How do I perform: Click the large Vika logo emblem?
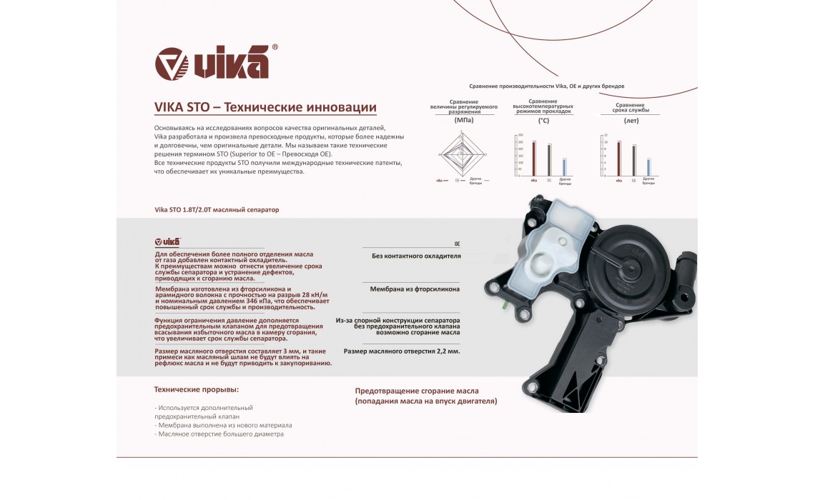[172, 63]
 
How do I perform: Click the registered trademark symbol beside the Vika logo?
[275, 47]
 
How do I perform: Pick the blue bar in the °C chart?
[565, 167]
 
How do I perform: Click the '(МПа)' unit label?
[464, 121]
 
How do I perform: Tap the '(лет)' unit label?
[631, 121]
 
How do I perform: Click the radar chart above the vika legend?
[463, 154]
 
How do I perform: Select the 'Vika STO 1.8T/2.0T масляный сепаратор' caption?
[217, 210]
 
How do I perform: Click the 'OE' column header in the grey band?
[457, 244]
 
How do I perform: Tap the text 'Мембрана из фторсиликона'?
[415, 289]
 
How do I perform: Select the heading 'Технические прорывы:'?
[197, 390]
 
